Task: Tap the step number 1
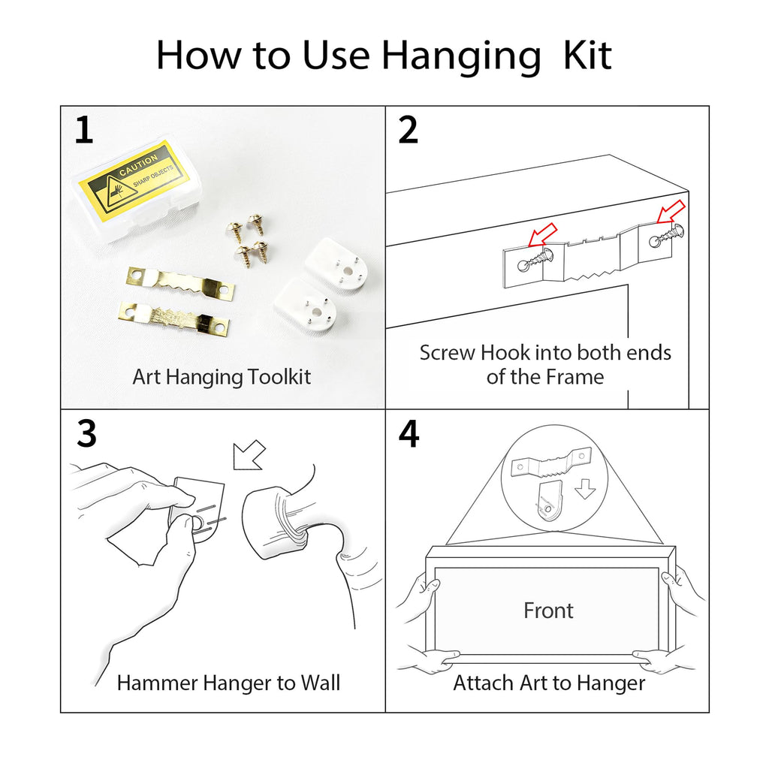tap(84, 130)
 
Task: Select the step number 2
tap(408, 130)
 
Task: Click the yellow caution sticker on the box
tap(134, 180)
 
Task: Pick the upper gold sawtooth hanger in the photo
tap(180, 282)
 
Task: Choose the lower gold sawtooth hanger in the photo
tap(174, 318)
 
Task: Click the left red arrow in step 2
tap(542, 235)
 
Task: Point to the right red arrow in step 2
tap(671, 212)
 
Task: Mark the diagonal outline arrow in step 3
tap(249, 454)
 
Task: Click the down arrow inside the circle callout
tap(585, 489)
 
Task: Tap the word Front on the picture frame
tap(548, 611)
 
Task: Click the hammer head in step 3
tap(275, 523)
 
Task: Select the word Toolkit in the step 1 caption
tap(279, 377)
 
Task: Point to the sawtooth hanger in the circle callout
tap(550, 463)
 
